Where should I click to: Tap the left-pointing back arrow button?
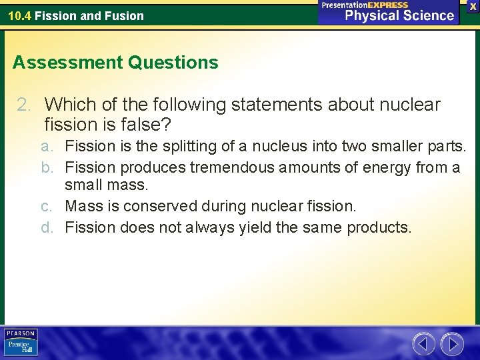424,344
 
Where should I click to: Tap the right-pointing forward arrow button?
452,344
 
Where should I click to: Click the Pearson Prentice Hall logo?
21,343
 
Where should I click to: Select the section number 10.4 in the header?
19,15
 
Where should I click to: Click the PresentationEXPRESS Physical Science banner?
389,12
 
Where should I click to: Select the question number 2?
23,105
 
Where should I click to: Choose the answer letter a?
45,146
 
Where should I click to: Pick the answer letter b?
45,167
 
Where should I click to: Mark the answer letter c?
45,207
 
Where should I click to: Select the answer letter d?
45,227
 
